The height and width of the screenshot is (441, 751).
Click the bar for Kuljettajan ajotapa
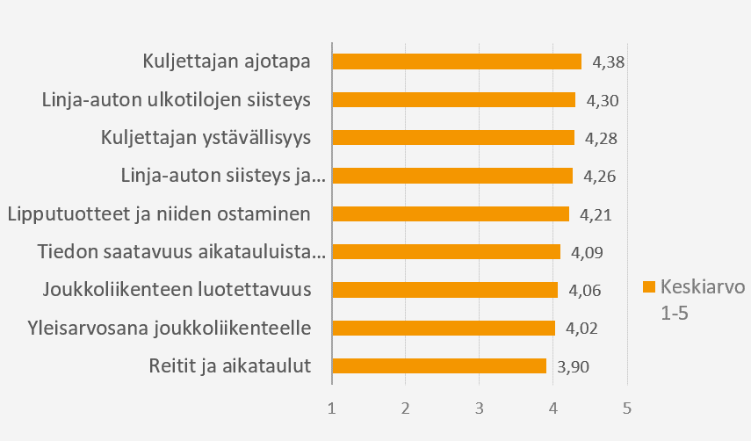[x=457, y=61]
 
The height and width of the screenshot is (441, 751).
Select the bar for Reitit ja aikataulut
[x=439, y=366]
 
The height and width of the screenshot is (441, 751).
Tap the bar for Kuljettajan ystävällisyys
[x=453, y=138]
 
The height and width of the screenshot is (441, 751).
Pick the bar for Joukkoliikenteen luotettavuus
[x=445, y=290]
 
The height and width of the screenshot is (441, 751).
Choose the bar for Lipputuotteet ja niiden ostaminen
[x=451, y=214]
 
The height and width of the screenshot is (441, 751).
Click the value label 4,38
[x=608, y=62]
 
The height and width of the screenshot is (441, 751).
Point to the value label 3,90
[x=573, y=367]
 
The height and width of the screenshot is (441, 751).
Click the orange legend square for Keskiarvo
[x=649, y=287]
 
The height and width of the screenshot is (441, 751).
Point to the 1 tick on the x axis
[x=331, y=408]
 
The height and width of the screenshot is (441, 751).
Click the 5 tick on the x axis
[x=626, y=408]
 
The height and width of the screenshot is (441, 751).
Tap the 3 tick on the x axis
[x=479, y=408]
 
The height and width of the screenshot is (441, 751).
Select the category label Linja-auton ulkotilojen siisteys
[x=177, y=99]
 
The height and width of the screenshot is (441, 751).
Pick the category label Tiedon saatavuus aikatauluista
[x=182, y=252]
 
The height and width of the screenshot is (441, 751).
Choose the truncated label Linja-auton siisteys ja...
[x=223, y=176]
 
